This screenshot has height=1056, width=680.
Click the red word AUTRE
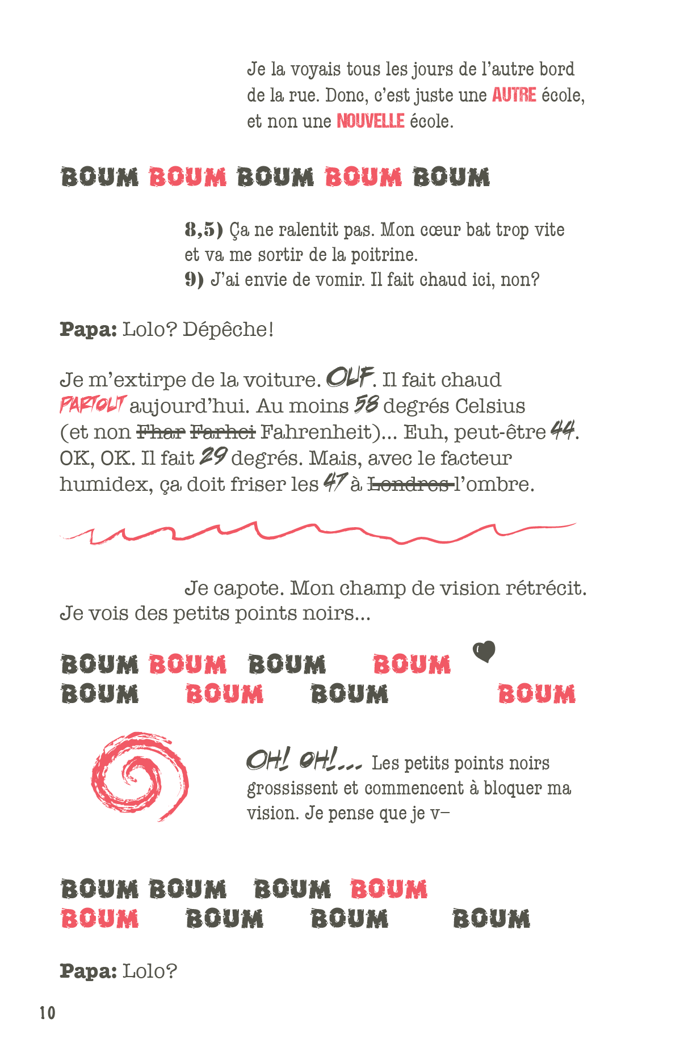(514, 95)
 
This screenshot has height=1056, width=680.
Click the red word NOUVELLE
(370, 121)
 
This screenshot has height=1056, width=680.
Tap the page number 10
(48, 1013)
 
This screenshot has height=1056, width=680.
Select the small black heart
(484, 651)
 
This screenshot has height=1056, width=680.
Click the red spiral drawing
(140, 776)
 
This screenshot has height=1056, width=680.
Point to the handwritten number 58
(366, 405)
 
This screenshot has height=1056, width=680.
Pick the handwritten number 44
(563, 431)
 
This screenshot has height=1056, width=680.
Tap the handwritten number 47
(334, 483)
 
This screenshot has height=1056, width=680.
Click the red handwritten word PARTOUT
(93, 405)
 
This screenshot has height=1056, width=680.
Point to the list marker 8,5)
(203, 230)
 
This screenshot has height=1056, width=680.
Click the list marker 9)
(194, 280)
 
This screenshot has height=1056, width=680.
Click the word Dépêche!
(228, 329)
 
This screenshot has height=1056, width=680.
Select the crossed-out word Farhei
(223, 432)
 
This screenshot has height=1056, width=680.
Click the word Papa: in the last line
(88, 971)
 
